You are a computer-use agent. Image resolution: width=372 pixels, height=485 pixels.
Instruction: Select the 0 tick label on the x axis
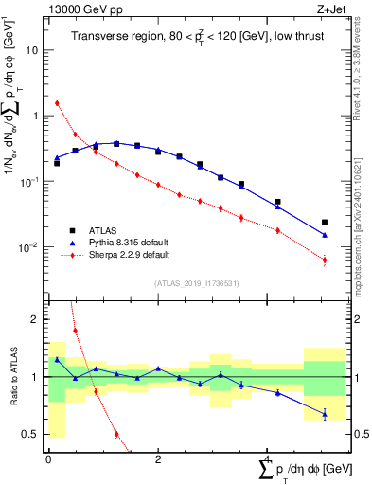[x=48, y=459]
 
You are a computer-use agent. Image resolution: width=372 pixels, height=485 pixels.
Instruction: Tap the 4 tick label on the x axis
[x=267, y=459]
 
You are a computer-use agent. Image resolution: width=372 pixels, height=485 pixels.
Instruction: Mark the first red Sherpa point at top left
[x=57, y=103]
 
